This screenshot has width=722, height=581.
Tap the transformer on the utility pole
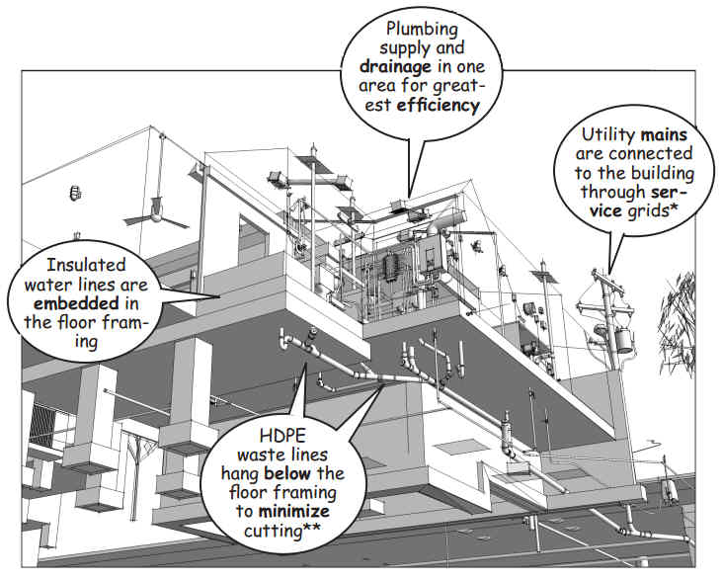[x=624, y=340]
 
